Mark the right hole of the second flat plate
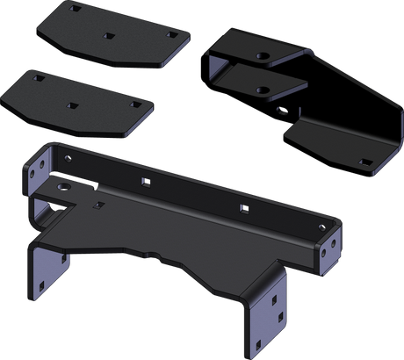[x=134, y=103]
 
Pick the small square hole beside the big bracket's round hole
[x=94, y=205]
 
